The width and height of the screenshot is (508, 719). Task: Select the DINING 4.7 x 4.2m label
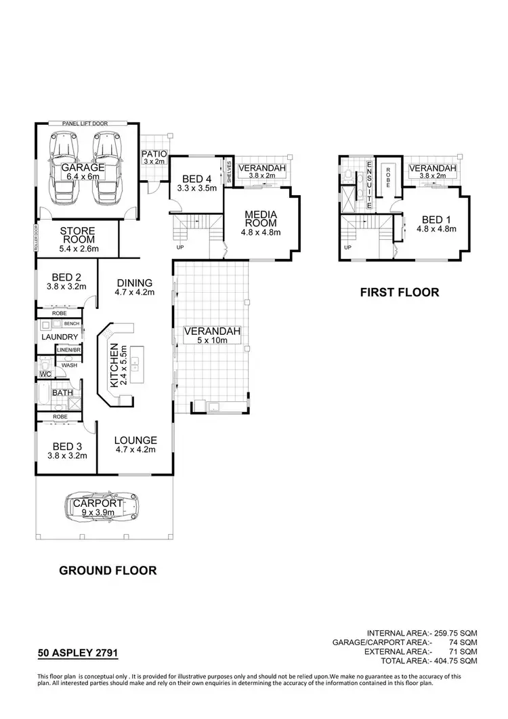tap(135, 287)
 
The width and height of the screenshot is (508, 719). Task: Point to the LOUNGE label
tap(136, 444)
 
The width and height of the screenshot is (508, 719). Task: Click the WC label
tap(45, 373)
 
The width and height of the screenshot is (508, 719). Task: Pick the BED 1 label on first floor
tap(436, 224)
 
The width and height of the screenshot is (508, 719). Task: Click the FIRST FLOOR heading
tap(400, 293)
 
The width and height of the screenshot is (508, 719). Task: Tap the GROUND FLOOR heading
tap(108, 571)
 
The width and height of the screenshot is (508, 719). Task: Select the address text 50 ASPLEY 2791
tap(78, 654)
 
